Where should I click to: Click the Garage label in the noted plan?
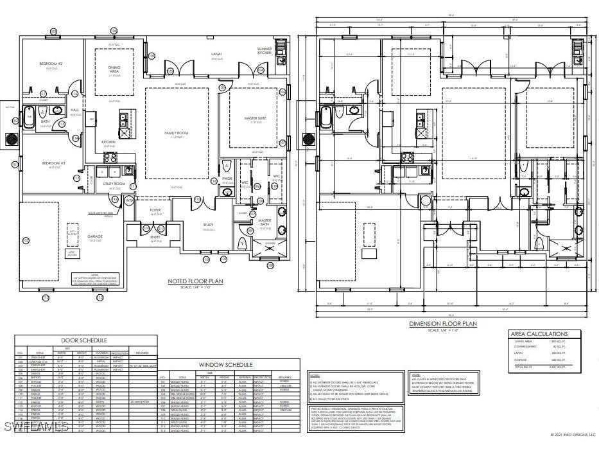pos(94,236)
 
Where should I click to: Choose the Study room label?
pos(209,225)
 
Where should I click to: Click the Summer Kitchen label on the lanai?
pos(265,51)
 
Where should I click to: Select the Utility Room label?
pos(114,184)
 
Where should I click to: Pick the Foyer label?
pos(155,210)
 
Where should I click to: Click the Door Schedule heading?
pos(83,340)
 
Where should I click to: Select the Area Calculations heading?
pos(538,334)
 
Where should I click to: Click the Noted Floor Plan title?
pos(195,281)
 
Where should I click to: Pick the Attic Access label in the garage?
pos(74,254)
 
